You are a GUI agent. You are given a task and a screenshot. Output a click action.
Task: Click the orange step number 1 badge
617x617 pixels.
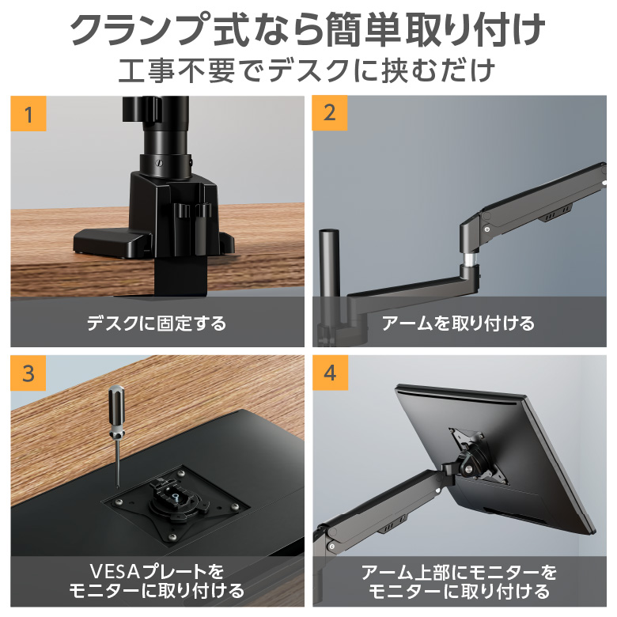[28, 113]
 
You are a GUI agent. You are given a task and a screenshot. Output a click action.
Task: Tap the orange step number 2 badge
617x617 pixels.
[330, 113]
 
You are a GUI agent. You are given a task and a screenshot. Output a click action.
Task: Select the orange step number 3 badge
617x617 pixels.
[28, 373]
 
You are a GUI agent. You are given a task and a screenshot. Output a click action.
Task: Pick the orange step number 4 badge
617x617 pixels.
[330, 373]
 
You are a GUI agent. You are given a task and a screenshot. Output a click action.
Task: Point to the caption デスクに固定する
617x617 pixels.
[157, 323]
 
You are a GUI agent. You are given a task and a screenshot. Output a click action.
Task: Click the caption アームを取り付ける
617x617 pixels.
[459, 323]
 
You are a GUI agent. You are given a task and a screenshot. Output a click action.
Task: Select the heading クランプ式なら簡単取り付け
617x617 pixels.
[308, 29]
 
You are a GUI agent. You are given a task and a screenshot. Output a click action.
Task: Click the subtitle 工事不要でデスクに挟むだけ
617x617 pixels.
[307, 70]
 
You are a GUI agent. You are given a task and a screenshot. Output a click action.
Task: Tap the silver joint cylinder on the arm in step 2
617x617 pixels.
[470, 259]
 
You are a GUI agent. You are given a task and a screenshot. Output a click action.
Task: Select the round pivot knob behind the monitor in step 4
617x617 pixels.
[468, 468]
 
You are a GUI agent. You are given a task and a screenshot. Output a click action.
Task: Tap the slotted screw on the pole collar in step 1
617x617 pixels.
[160, 163]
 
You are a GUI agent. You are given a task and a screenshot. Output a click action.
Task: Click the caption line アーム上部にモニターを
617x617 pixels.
[459, 572]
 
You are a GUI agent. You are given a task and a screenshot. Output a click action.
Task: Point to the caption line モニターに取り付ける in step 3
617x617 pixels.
[157, 591]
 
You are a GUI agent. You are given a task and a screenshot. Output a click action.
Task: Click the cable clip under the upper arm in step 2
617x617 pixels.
[558, 213]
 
